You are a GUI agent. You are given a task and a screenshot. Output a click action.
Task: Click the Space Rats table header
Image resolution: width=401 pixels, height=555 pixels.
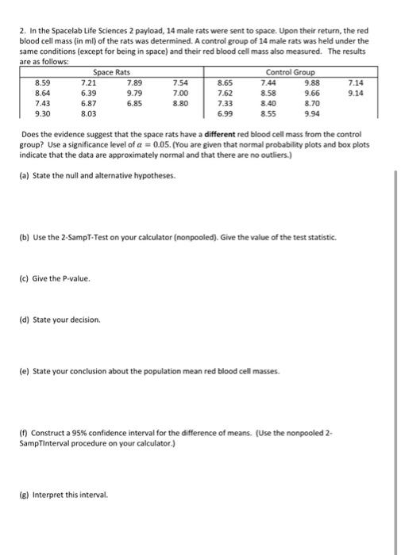(111, 71)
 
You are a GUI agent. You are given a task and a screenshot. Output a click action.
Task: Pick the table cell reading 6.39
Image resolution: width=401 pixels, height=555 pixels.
(89, 93)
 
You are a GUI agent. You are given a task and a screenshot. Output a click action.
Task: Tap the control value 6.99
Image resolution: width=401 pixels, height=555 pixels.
(225, 114)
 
